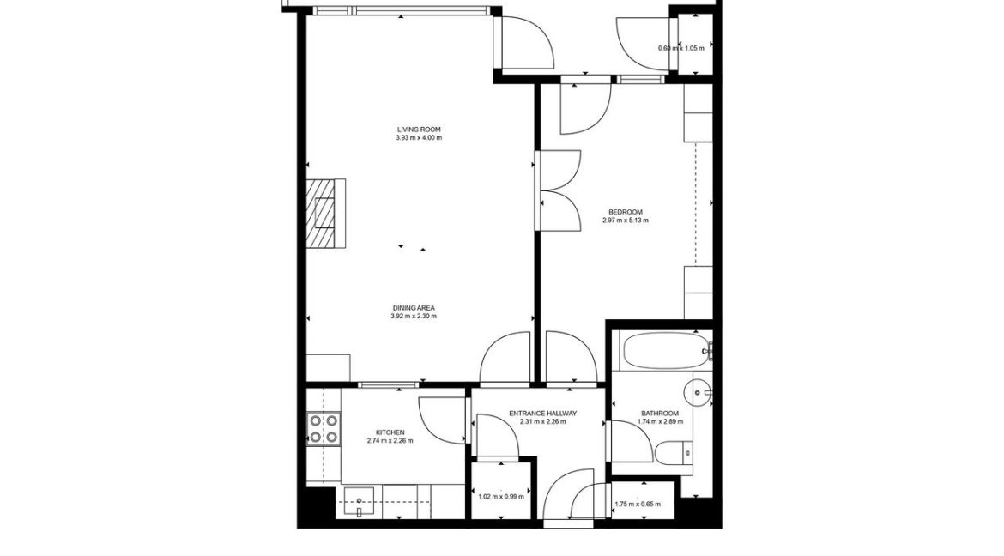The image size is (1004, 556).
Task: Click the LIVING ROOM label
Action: [x=419, y=130]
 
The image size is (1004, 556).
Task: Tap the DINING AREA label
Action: [x=414, y=307]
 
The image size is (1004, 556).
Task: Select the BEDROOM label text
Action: [x=625, y=212]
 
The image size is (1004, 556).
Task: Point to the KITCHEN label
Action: [x=390, y=432]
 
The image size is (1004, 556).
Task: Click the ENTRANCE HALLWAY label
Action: [x=542, y=413]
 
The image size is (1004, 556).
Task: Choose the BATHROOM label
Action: [x=659, y=413]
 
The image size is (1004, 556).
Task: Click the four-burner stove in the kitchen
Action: [x=324, y=428]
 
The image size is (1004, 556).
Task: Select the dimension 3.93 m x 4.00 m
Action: [x=419, y=138]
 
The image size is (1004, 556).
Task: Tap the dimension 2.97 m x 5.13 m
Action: [x=625, y=221]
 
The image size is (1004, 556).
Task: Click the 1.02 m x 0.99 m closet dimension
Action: [x=500, y=496]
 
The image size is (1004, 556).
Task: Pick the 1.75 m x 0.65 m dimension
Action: [x=638, y=505]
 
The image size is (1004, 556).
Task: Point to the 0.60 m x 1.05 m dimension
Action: [x=680, y=48]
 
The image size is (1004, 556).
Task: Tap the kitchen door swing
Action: [x=441, y=420]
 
